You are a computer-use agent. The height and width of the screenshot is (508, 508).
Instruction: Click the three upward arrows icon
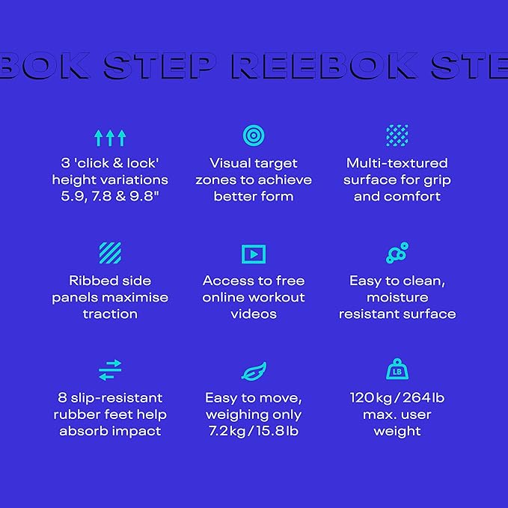pyautogui.click(x=110, y=138)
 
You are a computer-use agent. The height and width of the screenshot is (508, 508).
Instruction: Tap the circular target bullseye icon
pyautogui.click(x=254, y=135)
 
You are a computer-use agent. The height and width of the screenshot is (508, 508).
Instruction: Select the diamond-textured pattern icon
pyautogui.click(x=397, y=135)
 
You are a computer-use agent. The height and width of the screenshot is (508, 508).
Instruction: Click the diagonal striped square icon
pyautogui.click(x=110, y=253)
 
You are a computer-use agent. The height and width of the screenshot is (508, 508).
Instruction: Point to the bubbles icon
pyautogui.click(x=397, y=253)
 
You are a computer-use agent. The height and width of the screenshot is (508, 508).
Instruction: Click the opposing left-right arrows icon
pyautogui.click(x=110, y=370)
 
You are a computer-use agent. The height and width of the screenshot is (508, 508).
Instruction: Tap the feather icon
pyautogui.click(x=254, y=371)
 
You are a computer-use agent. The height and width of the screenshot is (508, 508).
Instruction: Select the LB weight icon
pyautogui.click(x=397, y=369)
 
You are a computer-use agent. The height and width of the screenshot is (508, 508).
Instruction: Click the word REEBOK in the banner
pyautogui.click(x=325, y=66)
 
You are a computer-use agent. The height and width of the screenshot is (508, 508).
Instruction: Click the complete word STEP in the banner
pyautogui.click(x=159, y=66)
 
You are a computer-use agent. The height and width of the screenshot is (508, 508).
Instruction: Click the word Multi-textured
pyautogui.click(x=397, y=163)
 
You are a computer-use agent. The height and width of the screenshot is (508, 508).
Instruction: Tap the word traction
pyautogui.click(x=110, y=314)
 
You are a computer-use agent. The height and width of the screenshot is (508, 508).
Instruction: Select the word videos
pyautogui.click(x=254, y=314)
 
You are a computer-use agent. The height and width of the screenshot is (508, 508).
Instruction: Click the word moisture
pyautogui.click(x=397, y=298)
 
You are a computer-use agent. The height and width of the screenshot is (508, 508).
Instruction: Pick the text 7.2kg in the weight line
pyautogui.click(x=227, y=431)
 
